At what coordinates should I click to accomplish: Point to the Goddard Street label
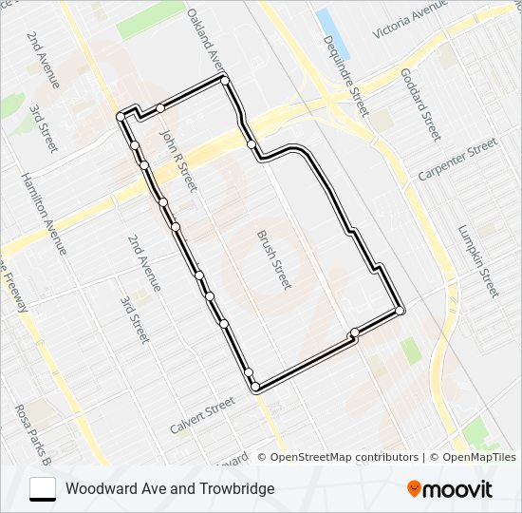click(x=420, y=104)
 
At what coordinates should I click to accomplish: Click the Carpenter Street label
click(x=457, y=160)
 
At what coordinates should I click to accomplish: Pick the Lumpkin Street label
click(x=476, y=260)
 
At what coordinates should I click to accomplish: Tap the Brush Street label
click(x=274, y=258)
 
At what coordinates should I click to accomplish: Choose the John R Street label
click(x=177, y=161)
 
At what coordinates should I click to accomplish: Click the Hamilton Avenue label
click(x=45, y=214)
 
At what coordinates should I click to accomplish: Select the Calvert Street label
click(x=202, y=416)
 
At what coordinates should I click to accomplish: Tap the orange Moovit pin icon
click(x=414, y=489)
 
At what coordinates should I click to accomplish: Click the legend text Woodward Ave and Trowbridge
click(x=170, y=489)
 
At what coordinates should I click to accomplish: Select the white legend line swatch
click(x=43, y=489)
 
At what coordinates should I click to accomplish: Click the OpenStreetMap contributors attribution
click(x=344, y=457)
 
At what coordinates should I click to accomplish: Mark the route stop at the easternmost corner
click(x=401, y=311)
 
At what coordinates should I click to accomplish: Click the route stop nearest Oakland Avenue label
click(x=225, y=80)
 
